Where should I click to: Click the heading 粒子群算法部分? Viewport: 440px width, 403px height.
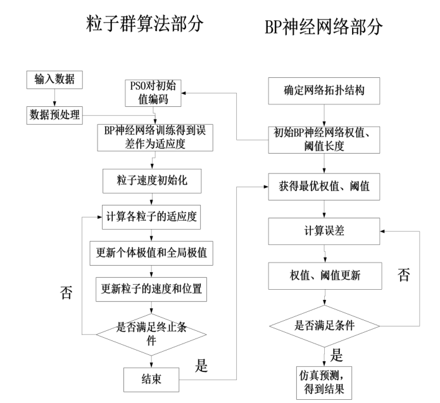click(x=148, y=23)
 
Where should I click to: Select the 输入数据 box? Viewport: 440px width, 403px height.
click(x=54, y=80)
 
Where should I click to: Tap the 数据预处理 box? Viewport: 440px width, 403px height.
click(x=54, y=115)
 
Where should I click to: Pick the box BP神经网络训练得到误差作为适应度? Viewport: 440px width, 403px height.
click(x=151, y=137)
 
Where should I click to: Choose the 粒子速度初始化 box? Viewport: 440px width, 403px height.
click(x=151, y=181)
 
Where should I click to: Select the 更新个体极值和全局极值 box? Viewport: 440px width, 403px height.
click(x=151, y=254)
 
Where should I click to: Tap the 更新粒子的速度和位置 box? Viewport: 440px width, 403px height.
click(x=151, y=289)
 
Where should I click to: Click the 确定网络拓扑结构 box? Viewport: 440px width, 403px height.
click(x=324, y=91)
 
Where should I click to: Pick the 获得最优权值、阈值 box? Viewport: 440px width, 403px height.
click(x=324, y=187)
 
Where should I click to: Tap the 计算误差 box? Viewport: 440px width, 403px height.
click(x=324, y=232)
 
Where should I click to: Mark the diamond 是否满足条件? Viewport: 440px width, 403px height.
click(x=324, y=326)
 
